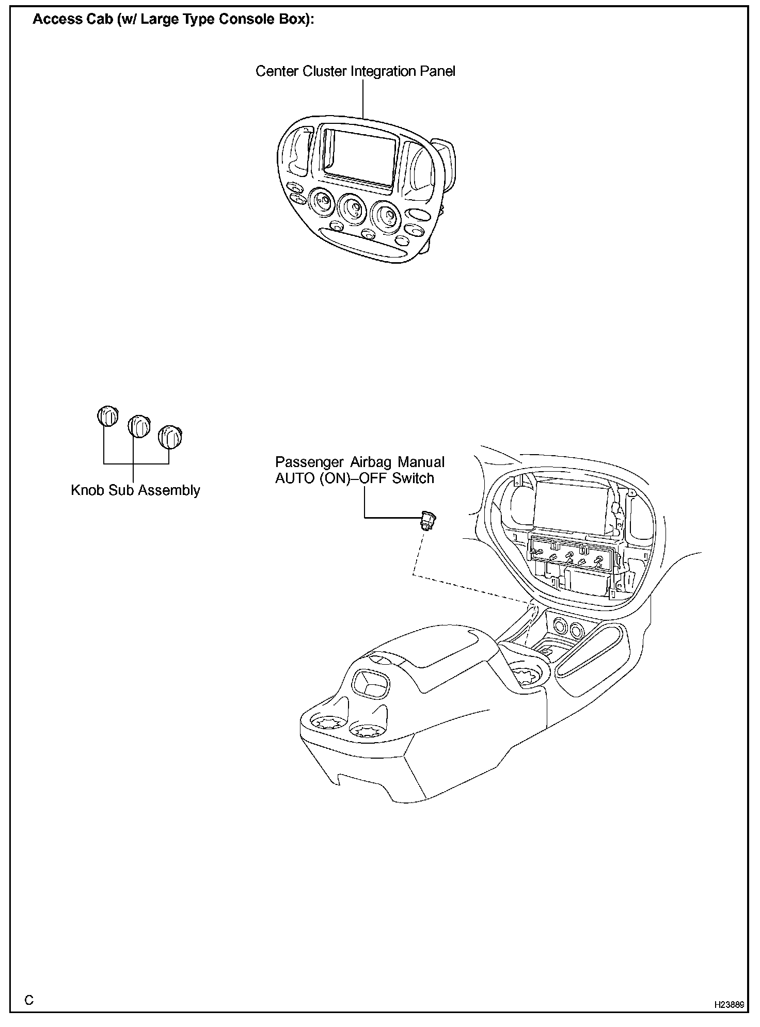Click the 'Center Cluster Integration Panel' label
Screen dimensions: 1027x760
pyautogui.click(x=355, y=71)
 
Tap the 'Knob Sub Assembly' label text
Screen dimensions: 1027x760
pyautogui.click(x=135, y=490)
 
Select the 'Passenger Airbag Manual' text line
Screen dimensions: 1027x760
pyautogui.click(x=359, y=462)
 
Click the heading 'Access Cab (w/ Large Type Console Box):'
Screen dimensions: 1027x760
pyautogui.click(x=173, y=20)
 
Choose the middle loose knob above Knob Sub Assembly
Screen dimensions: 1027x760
pyautogui.click(x=139, y=426)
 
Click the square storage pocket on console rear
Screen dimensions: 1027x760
pyautogui.click(x=371, y=684)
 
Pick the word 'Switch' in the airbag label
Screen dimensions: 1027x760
pyautogui.click(x=413, y=478)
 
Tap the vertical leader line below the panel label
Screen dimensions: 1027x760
pyautogui.click(x=363, y=98)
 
